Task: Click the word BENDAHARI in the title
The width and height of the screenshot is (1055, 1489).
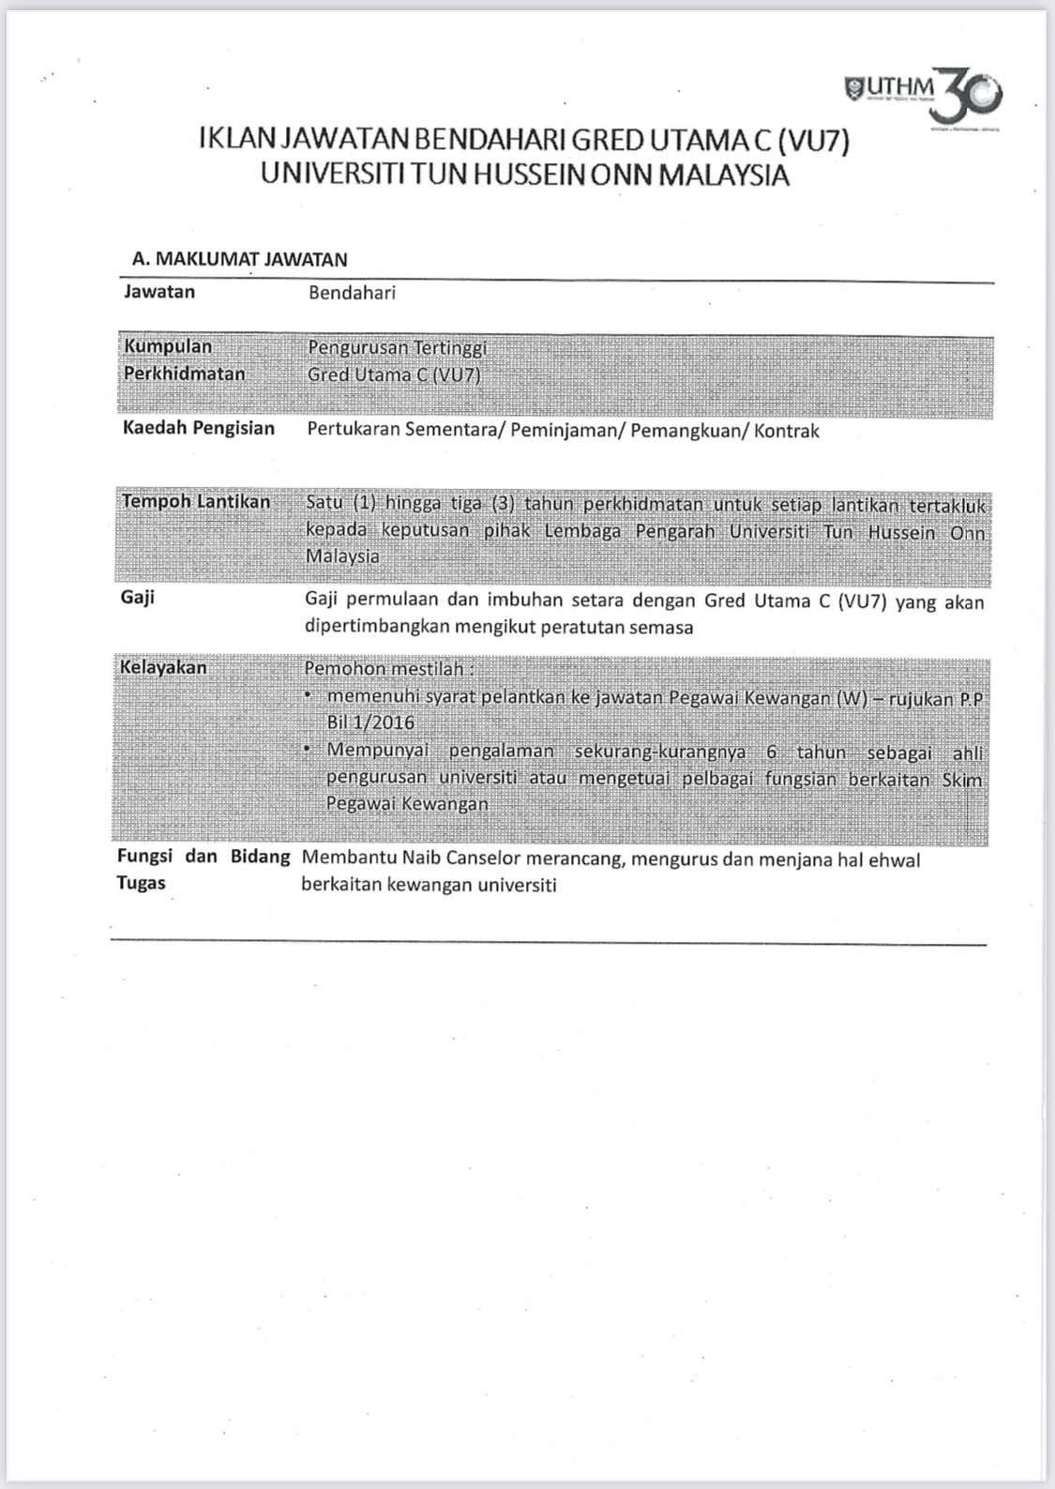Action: (488, 141)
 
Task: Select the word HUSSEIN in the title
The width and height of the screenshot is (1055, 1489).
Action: (529, 175)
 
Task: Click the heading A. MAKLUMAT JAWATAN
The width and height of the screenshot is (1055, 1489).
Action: (240, 259)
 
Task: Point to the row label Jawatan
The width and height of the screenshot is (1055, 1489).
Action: (159, 292)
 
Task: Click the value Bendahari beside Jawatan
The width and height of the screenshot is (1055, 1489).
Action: (352, 293)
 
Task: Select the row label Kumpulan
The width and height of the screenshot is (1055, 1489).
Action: (168, 346)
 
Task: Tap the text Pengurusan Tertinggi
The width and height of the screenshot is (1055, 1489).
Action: (397, 348)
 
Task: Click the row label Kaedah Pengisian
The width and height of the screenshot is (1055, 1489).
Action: (199, 429)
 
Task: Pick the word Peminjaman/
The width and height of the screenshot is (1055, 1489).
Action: (567, 431)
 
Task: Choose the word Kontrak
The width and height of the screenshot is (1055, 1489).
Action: (787, 431)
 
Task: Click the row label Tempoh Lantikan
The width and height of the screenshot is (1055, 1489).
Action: (195, 502)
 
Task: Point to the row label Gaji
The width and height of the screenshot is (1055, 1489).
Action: (138, 598)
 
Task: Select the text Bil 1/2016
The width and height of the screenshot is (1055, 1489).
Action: (370, 722)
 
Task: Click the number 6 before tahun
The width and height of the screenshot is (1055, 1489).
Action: (771, 752)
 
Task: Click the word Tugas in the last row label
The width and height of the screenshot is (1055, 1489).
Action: (141, 883)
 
